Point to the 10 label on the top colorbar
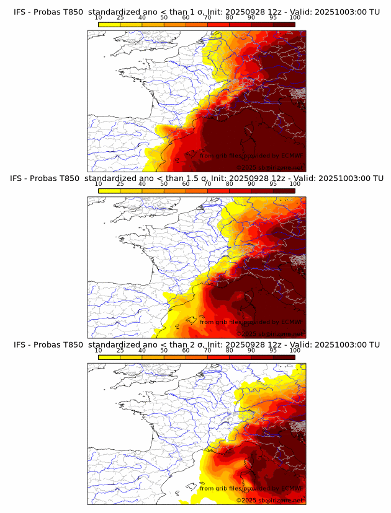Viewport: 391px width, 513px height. click(x=99, y=18)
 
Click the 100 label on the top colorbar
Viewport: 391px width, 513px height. click(x=295, y=18)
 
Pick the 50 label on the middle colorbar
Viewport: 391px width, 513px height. click(x=164, y=185)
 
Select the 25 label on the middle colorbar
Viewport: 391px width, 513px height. click(x=120, y=185)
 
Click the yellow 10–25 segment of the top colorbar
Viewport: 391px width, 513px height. click(x=109, y=24)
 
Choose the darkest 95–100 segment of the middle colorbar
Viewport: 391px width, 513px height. click(x=284, y=191)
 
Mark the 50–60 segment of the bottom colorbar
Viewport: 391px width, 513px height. click(x=174, y=357)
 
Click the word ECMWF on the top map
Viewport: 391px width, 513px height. click(x=292, y=156)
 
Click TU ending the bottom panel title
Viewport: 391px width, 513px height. click(x=374, y=344)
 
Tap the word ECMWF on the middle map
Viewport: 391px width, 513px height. click(x=292, y=322)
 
